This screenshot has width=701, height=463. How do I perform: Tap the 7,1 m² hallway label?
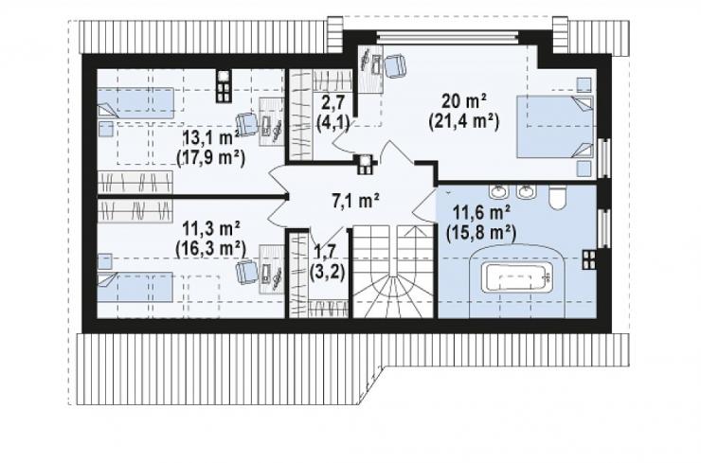(x=355, y=201)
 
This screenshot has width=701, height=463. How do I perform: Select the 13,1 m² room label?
(x=211, y=138)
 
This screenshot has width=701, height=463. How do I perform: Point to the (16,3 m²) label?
(x=210, y=249)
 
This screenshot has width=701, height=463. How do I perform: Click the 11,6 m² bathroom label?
(x=481, y=213)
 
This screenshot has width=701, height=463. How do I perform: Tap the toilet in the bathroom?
(x=558, y=198)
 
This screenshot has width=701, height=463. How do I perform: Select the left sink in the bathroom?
(x=498, y=191)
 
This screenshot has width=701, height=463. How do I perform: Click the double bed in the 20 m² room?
(x=555, y=127)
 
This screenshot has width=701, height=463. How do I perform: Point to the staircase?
(x=393, y=272)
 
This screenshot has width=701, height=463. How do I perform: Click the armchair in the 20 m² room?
(x=394, y=65)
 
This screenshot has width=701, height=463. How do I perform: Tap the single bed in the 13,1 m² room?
(x=135, y=103)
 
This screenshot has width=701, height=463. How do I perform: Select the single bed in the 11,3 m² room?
(x=135, y=288)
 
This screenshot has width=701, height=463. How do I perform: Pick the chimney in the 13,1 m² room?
(x=224, y=86)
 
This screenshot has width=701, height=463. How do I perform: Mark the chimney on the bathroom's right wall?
(x=589, y=259)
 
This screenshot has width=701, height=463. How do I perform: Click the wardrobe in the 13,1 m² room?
(x=135, y=183)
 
